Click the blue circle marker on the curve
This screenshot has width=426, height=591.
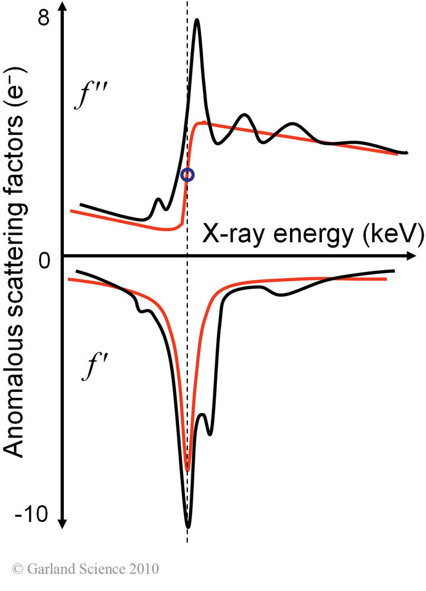(x=187, y=174)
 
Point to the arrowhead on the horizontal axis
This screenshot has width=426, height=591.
(x=408, y=256)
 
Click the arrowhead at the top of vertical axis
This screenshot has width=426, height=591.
(x=64, y=13)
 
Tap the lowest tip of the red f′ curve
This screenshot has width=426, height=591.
(x=187, y=470)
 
